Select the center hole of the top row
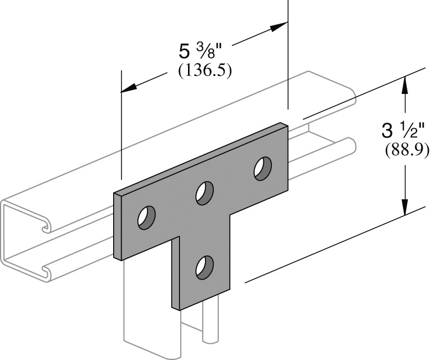[204, 193]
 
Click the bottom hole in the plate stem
[204, 267]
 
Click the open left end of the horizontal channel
[23, 236]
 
